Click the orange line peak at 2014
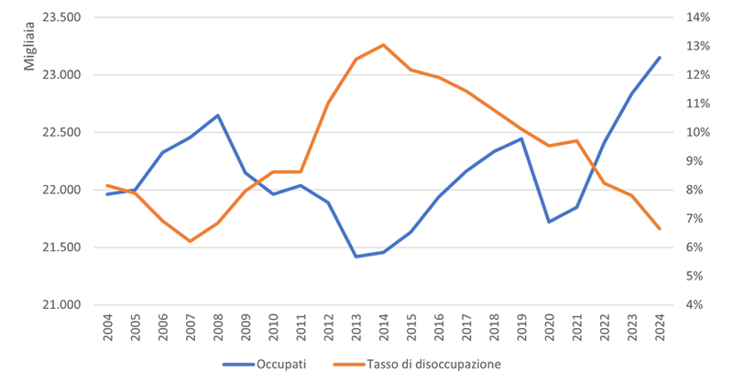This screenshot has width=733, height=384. pos(383,44)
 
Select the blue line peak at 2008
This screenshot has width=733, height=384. pos(218,115)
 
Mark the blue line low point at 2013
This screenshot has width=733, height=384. pos(356,257)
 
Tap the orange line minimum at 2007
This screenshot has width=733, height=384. pos(191,241)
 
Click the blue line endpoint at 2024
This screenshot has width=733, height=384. pos(658,58)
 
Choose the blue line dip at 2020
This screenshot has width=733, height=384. pos(548,222)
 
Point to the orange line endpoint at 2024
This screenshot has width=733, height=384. pos(658,229)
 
